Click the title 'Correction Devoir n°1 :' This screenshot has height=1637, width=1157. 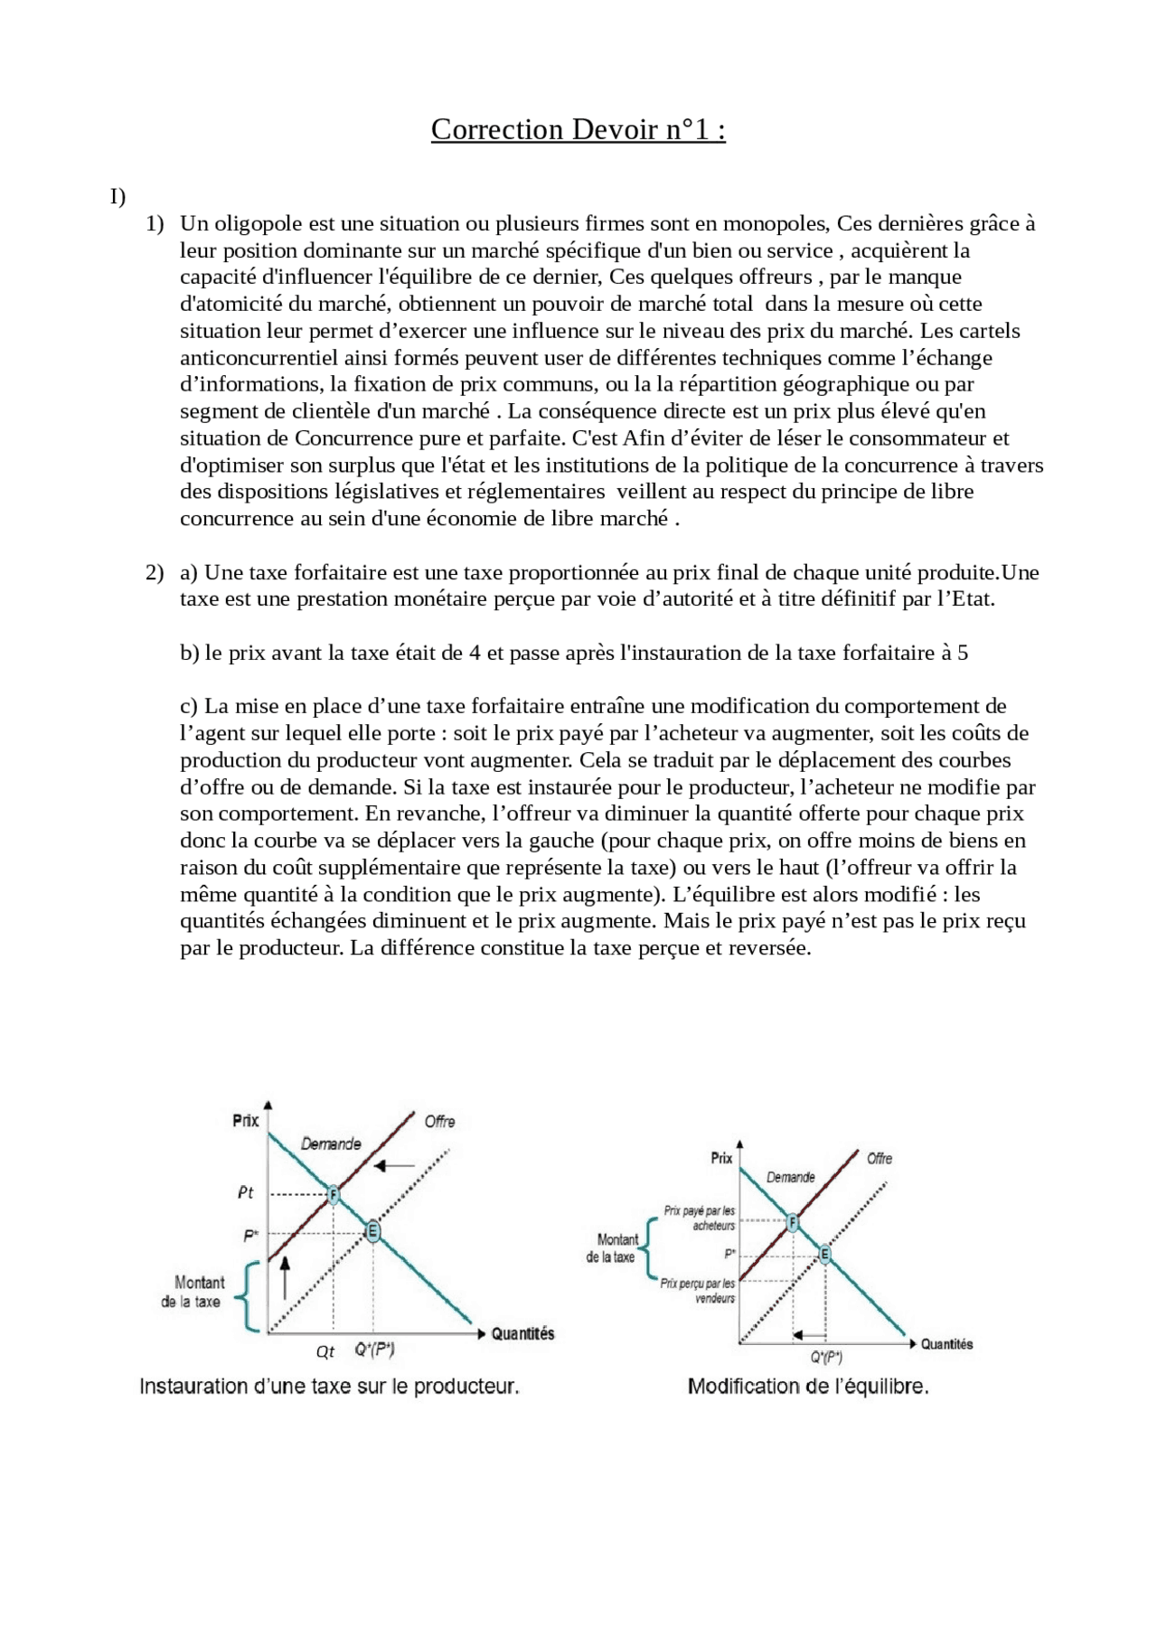tap(578, 129)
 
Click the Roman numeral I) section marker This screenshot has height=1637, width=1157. tap(118, 196)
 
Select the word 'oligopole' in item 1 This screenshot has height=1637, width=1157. tap(259, 223)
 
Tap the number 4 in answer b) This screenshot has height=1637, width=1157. tap(475, 653)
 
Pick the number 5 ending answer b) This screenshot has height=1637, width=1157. tap(963, 653)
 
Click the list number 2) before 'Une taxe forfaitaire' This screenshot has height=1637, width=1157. tap(155, 572)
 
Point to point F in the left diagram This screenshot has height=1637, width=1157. tap(333, 1194)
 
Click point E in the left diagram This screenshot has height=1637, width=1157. tap(372, 1231)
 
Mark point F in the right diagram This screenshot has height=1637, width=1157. tap(793, 1222)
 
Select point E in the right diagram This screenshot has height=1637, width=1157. tap(824, 1254)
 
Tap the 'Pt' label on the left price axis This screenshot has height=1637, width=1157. tap(246, 1193)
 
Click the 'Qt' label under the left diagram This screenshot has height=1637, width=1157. tap(325, 1351)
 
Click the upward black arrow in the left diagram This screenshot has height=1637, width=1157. tap(286, 1278)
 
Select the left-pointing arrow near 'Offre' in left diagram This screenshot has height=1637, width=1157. tap(394, 1166)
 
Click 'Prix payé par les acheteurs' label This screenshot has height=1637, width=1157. tap(701, 1218)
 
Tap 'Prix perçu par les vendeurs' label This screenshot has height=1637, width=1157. tap(698, 1290)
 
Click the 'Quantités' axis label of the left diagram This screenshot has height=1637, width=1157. tap(522, 1333)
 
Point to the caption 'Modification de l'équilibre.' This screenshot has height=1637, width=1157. tap(808, 1386)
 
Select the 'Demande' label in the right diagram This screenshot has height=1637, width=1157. tap(791, 1177)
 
